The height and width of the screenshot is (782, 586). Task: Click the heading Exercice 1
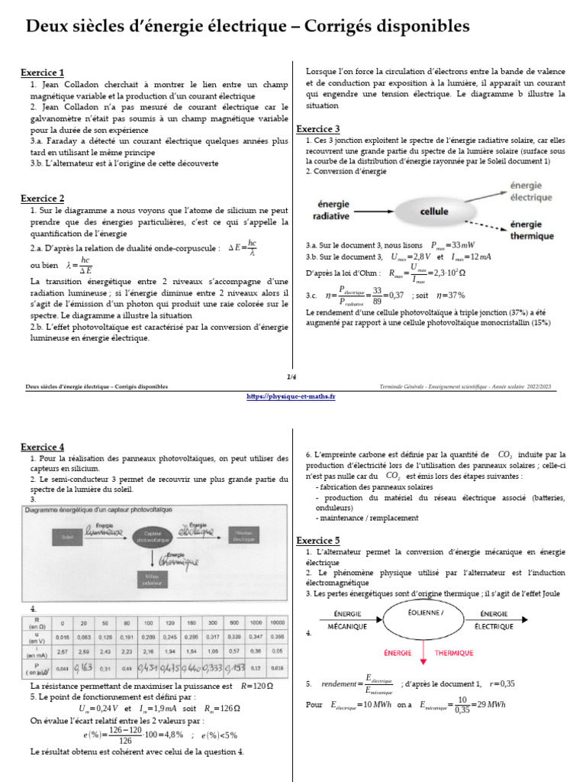[x=42, y=73]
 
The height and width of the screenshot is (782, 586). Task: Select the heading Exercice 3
[x=317, y=129]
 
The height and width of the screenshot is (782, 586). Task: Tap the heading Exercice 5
[x=317, y=540]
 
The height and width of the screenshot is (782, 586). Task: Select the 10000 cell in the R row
[x=277, y=621]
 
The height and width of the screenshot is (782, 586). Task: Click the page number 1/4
[x=291, y=376]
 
